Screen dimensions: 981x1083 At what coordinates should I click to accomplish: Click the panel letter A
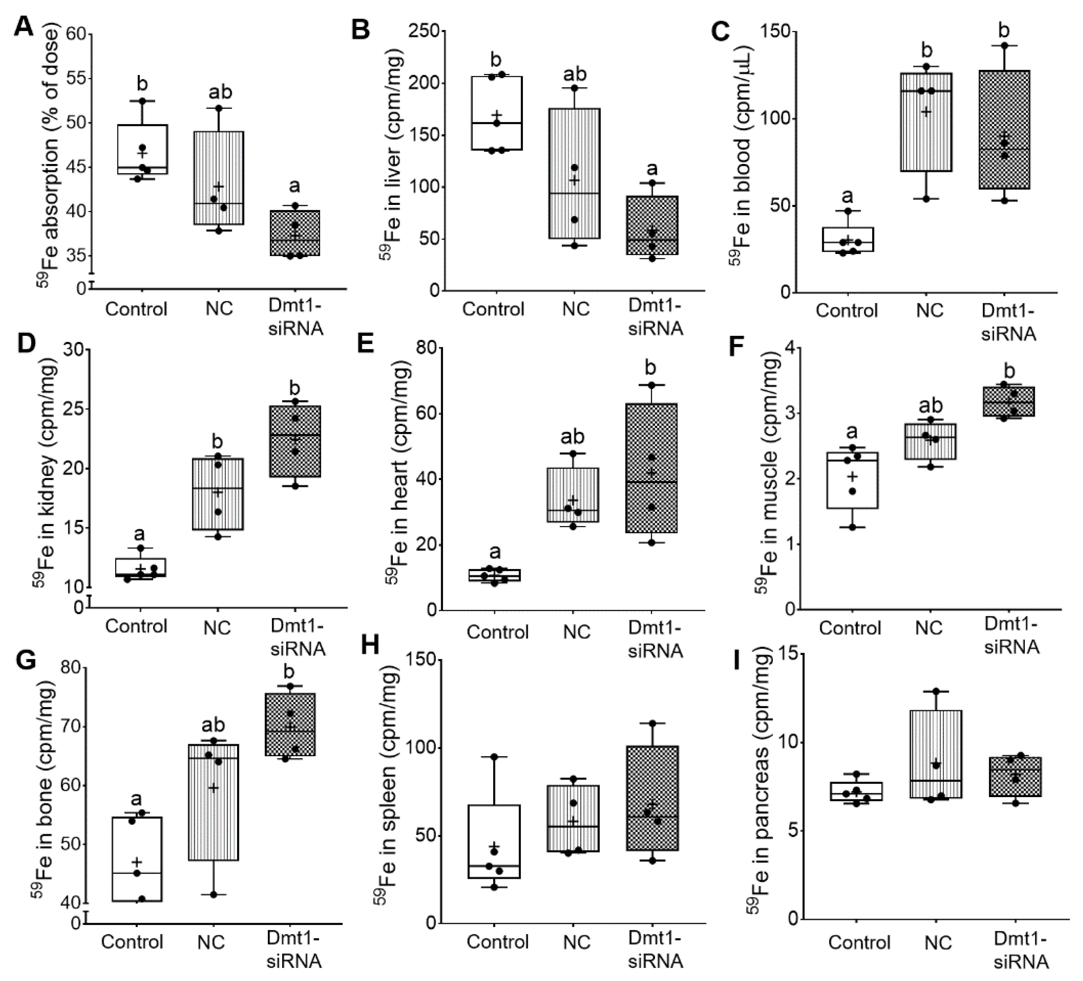[x=23, y=26]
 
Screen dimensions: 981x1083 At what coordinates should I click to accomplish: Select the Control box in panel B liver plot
[x=496, y=113]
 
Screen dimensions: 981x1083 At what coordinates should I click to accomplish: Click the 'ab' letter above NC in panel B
[x=574, y=74]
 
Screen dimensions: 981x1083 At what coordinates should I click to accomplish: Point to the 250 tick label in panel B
[x=423, y=31]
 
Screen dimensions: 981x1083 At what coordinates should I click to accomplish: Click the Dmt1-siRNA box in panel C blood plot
[x=1004, y=129]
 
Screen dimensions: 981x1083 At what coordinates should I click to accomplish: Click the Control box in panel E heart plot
[x=495, y=575]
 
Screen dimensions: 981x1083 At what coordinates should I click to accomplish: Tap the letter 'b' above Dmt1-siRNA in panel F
[x=1009, y=371]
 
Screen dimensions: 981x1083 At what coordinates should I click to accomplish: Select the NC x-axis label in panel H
[x=577, y=942]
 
